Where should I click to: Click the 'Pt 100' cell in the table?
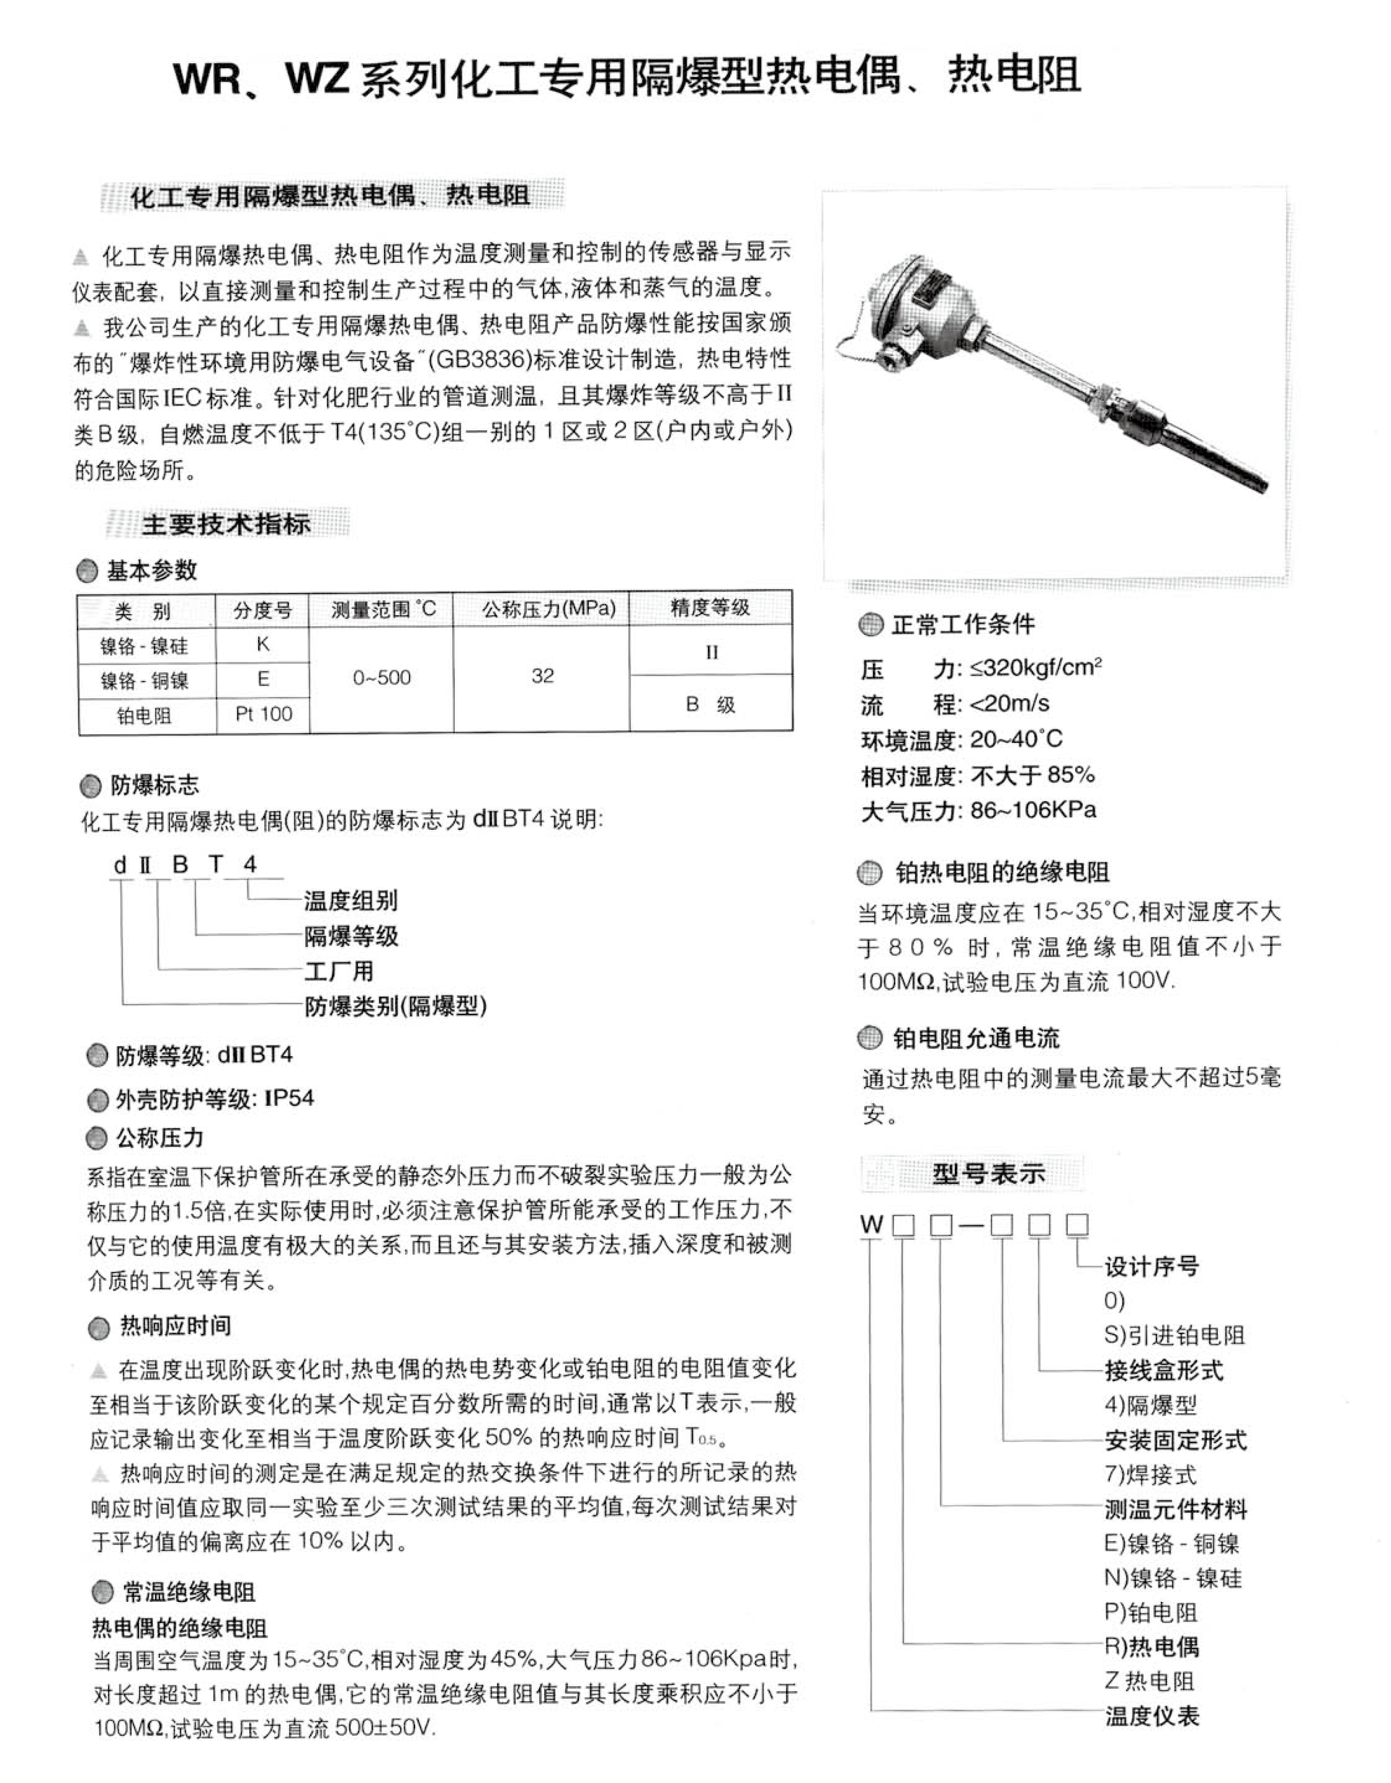263,714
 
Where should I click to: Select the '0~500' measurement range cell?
382,678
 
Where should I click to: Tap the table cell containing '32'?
543,676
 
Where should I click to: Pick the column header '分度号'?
262,610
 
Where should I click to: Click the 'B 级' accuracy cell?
710,704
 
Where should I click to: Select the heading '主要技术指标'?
226,524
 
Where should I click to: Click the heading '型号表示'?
988,1174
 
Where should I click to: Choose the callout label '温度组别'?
351,900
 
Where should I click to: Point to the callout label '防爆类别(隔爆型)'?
396,1006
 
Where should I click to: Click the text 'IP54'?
289,1098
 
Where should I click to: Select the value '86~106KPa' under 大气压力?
1033,810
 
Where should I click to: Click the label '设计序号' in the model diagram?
1152,1267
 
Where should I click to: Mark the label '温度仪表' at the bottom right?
1152,1716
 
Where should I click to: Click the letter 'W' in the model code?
872,1224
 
